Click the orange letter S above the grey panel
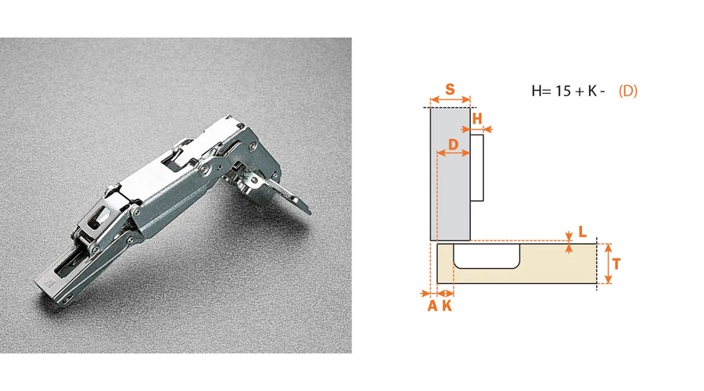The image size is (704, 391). point(450,89)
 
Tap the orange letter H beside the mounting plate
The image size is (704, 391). point(477,119)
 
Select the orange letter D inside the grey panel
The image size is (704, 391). point(454,144)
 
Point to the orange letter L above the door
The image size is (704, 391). point(582,231)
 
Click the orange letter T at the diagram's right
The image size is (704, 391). point(616,264)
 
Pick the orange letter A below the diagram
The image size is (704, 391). point(432,306)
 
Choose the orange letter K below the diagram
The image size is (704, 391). point(447,306)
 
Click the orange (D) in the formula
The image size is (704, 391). point(628,91)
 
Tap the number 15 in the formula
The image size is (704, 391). point(563,91)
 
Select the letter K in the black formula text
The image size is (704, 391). point(592,91)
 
